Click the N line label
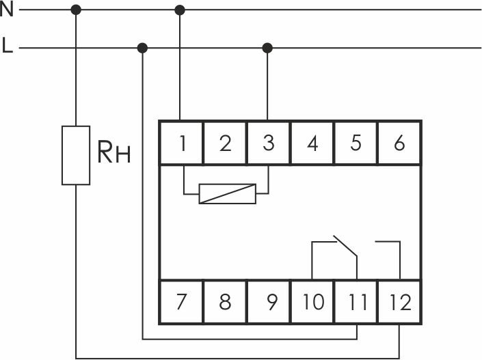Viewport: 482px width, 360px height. [x=7, y=9]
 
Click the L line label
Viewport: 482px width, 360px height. [x=8, y=46]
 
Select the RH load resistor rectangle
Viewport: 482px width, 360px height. [x=76, y=155]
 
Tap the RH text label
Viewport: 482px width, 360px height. [x=114, y=152]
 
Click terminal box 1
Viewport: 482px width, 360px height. [x=181, y=143]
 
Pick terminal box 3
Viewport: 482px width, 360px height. [x=269, y=143]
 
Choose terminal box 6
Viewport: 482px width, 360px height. [x=399, y=143]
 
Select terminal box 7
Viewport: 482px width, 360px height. [x=181, y=302]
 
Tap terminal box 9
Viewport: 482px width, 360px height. [x=269, y=302]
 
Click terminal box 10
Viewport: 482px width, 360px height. [x=312, y=302]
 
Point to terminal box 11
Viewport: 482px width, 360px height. [x=356, y=302]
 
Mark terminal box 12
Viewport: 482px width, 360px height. [x=399, y=302]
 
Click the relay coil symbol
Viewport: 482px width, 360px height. [x=228, y=194]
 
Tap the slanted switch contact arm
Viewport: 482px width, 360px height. [x=345, y=246]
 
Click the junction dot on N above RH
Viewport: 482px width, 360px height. [x=76, y=10]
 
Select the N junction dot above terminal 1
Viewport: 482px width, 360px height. [x=180, y=10]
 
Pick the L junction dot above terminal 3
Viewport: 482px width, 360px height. [x=267, y=48]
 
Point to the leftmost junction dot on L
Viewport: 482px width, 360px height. [x=142, y=48]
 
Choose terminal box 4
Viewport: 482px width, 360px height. [x=312, y=143]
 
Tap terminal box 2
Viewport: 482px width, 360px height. [x=225, y=143]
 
